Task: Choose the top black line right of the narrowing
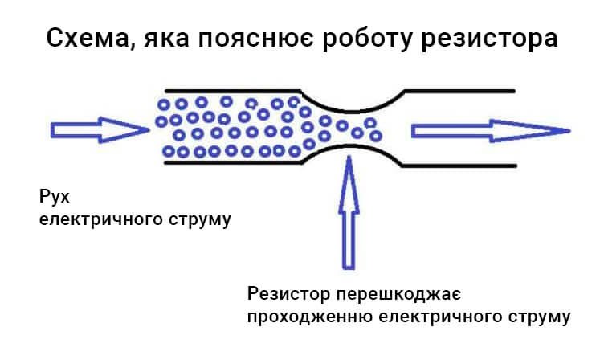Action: [x=458, y=90]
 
